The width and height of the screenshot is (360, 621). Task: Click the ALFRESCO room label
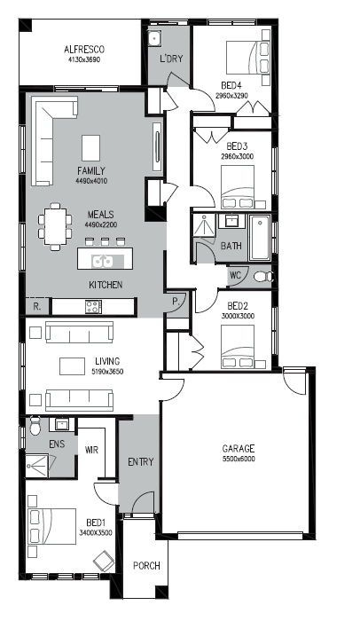click(x=84, y=50)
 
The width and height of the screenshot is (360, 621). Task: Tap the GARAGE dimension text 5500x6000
click(x=239, y=459)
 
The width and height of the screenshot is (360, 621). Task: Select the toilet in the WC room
click(x=263, y=277)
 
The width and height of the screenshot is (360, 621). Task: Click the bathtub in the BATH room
click(x=260, y=237)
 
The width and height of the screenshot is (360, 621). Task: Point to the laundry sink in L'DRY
click(x=154, y=38)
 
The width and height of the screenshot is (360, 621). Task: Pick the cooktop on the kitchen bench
click(x=94, y=306)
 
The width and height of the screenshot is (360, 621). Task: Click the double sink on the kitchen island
click(x=103, y=261)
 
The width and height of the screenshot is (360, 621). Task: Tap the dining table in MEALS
click(x=56, y=226)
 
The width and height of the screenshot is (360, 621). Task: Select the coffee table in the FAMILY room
click(x=90, y=148)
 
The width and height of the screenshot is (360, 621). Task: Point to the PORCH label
click(x=146, y=566)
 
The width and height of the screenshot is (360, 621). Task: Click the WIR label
click(x=91, y=451)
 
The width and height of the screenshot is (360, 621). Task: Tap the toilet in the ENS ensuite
click(x=35, y=426)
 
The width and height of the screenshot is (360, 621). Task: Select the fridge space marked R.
click(x=37, y=307)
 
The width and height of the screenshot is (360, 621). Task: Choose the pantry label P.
click(x=176, y=301)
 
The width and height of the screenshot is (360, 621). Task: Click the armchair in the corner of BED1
click(x=104, y=561)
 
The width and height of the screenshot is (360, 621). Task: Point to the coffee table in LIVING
click(x=72, y=366)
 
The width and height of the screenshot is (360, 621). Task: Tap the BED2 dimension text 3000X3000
click(x=238, y=316)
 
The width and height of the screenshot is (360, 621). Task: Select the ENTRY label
click(x=141, y=462)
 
